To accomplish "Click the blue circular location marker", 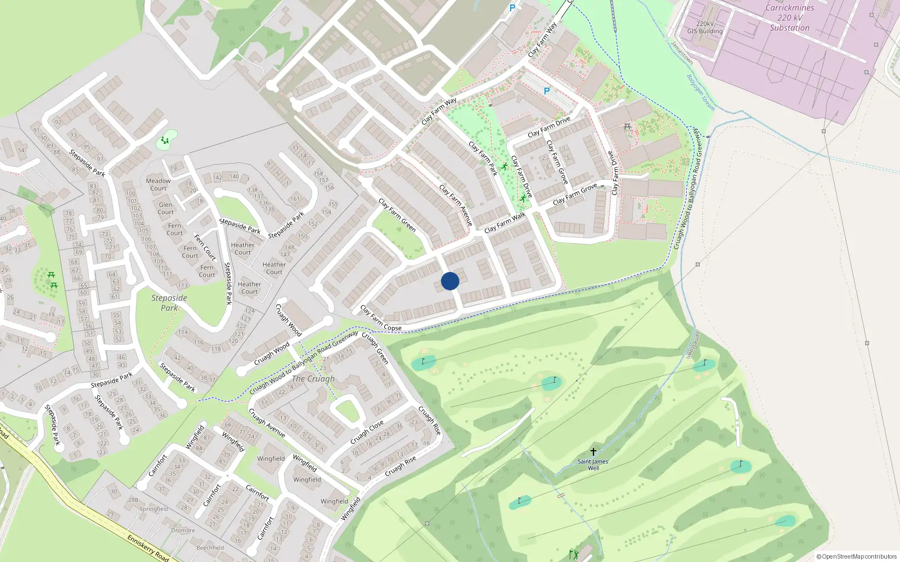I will [450, 281].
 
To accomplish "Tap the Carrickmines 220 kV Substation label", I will [790, 17].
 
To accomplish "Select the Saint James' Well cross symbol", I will [593, 452].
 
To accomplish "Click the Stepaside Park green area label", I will [169, 303].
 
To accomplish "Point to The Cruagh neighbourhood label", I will [313, 379].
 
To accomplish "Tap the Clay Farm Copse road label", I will [381, 319].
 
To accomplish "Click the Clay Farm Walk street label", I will [505, 223].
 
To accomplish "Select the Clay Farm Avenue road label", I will [456, 205].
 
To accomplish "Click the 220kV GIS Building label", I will [705, 28].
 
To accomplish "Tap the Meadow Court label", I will [158, 184].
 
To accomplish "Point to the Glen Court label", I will [165, 208].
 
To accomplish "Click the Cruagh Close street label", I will [367, 432].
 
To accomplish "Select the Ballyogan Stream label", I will [701, 92].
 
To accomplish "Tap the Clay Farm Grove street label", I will [574, 194].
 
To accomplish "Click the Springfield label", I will [154, 509].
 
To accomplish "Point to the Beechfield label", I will [210, 547].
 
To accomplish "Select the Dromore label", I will [183, 530].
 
